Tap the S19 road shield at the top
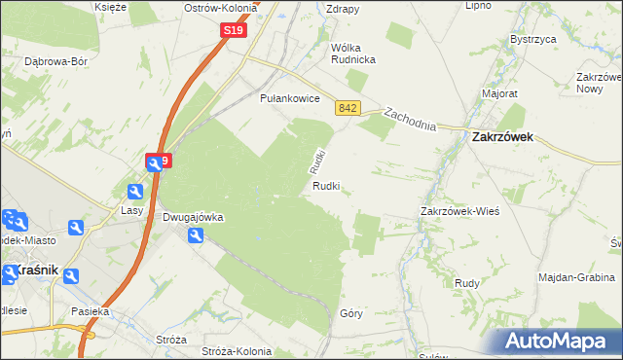tap(233, 31)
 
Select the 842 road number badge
tap(348, 108)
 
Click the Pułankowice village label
tap(290, 98)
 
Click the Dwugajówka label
tap(193, 218)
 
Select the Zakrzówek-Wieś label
tap(459, 211)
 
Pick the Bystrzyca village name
tap(532, 40)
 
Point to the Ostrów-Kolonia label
tap(221, 8)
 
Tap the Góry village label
tap(351, 313)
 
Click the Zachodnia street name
tap(409, 119)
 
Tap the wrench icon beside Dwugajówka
tap(196, 235)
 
